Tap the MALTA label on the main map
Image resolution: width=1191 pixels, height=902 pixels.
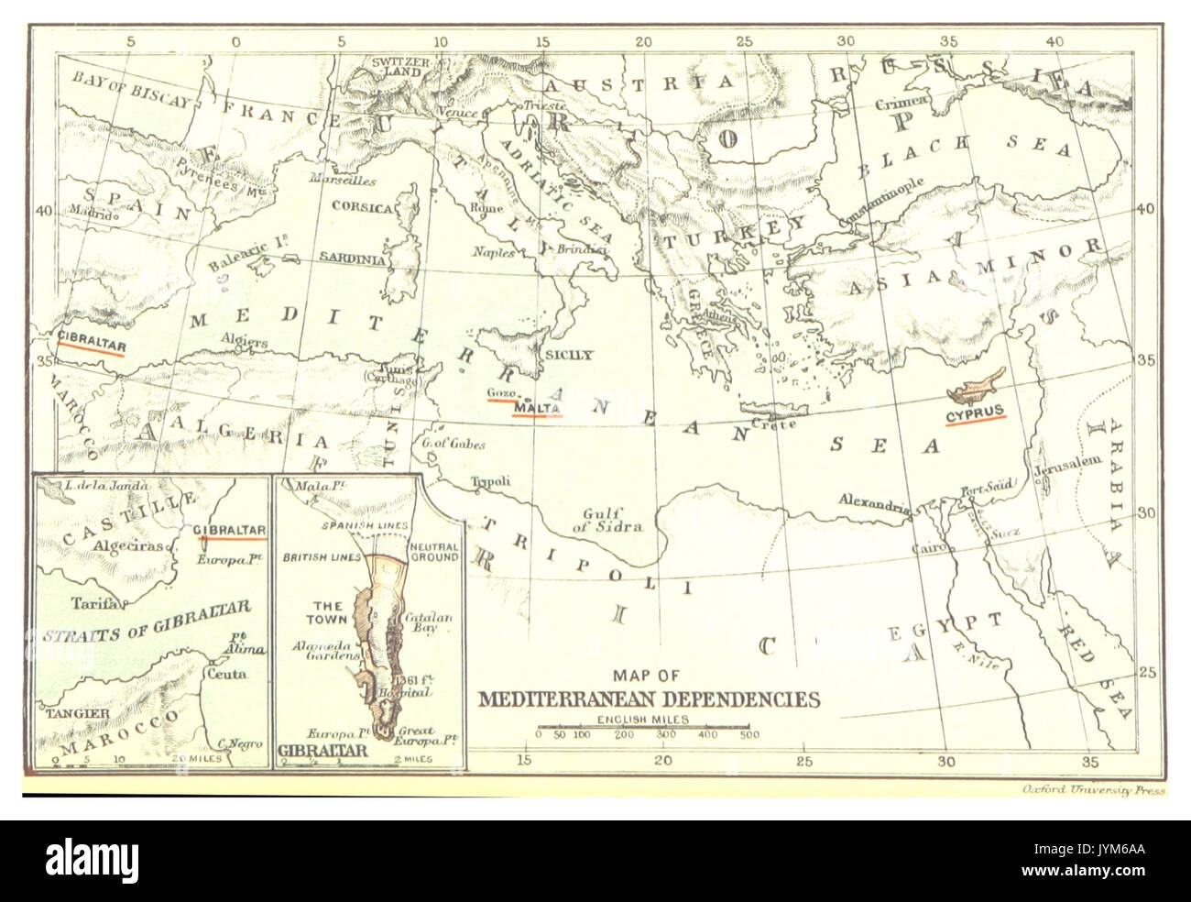538,408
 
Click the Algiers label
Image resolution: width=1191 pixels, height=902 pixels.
243,340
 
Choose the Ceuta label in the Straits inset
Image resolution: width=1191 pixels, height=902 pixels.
236,672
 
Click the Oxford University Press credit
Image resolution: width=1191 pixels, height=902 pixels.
1092,789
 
